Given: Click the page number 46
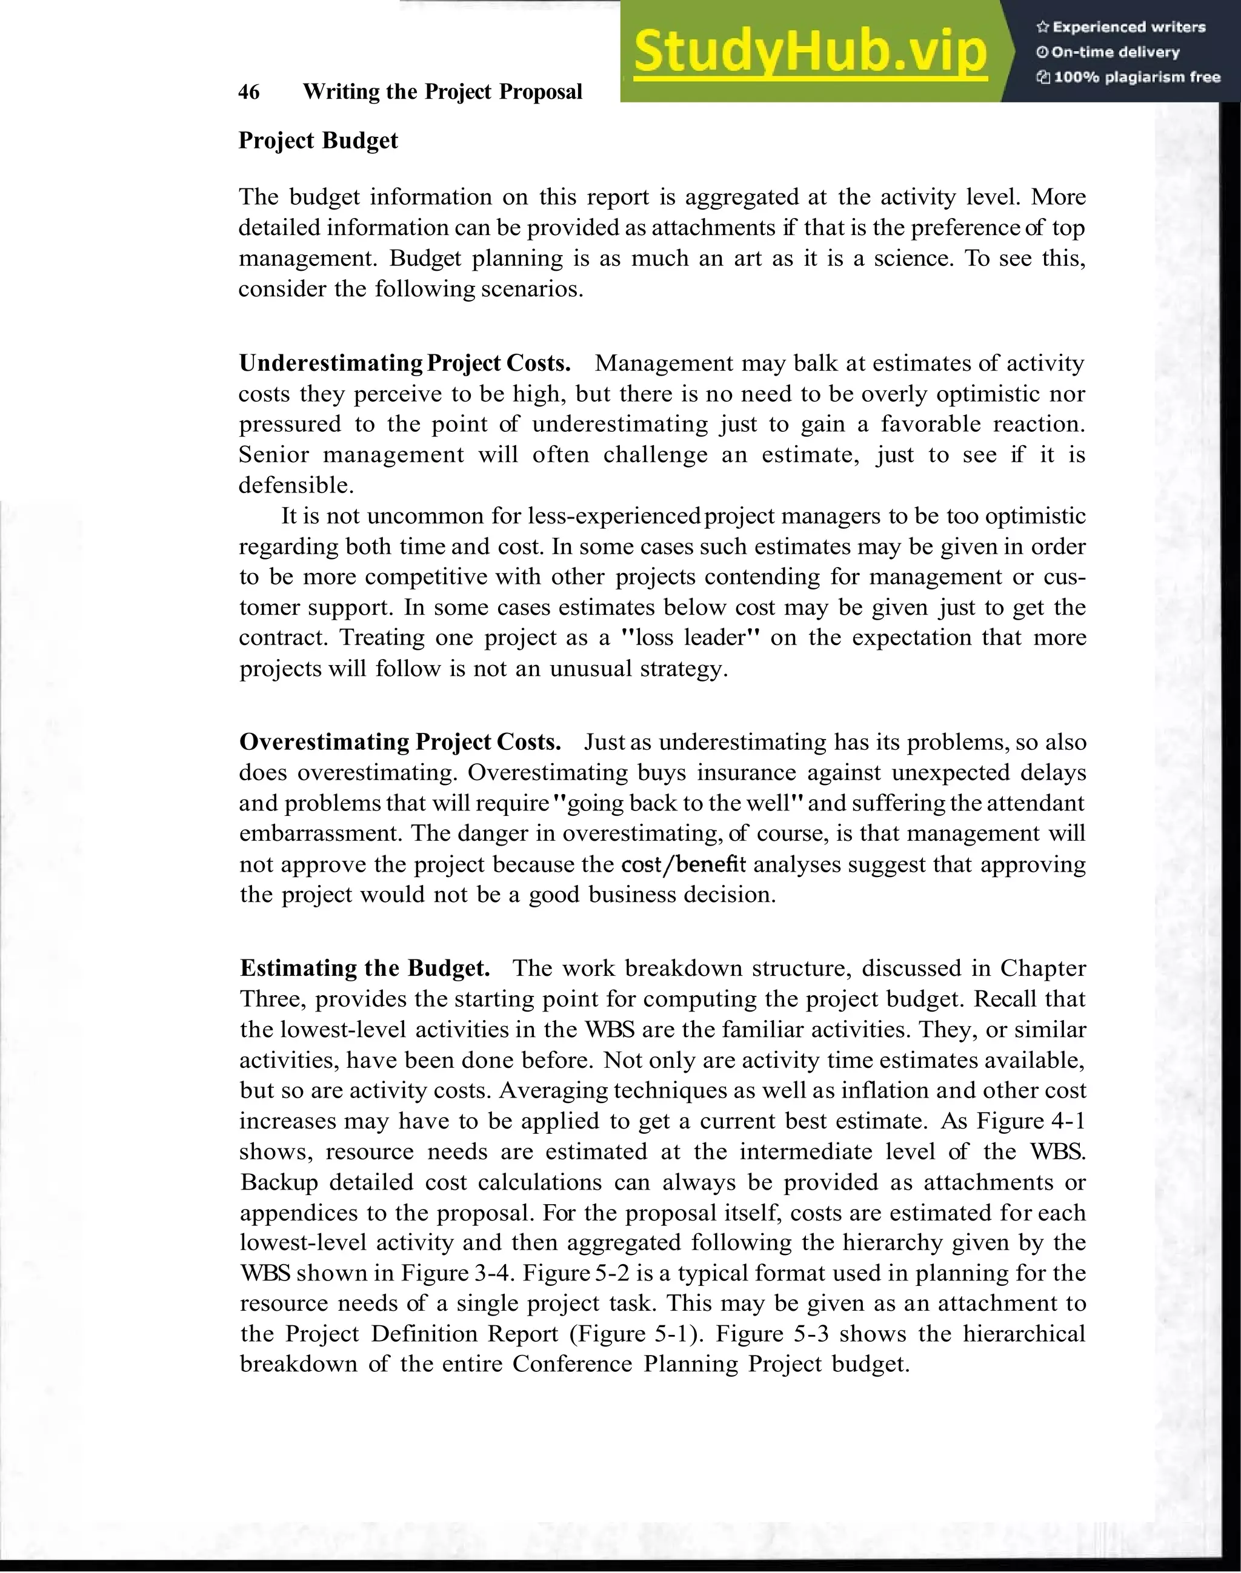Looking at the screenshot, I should tap(248, 92).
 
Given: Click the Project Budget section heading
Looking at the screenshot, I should tap(318, 140).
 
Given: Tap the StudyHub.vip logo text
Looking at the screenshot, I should tap(810, 51).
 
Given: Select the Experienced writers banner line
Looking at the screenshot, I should tap(1121, 27).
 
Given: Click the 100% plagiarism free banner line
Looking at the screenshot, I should tap(1128, 78).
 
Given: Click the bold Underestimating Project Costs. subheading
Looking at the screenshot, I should tap(405, 363).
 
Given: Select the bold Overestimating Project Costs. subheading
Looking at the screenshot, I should tap(401, 742).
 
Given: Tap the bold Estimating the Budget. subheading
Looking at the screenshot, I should tap(365, 968).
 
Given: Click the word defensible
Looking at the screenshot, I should tap(296, 485).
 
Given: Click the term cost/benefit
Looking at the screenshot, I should tap(683, 864).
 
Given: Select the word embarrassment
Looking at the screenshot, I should tap(321, 833).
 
